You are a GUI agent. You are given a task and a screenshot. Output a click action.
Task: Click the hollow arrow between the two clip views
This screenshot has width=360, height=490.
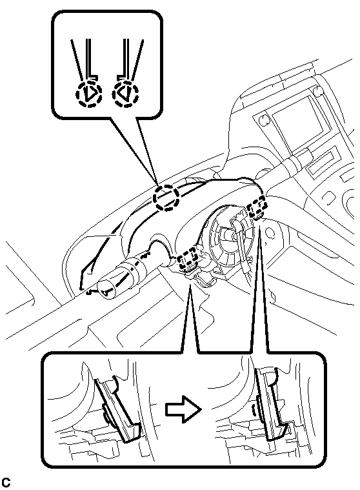tap(183, 409)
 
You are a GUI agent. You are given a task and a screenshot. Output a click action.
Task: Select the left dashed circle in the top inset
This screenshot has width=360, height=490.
tap(89, 94)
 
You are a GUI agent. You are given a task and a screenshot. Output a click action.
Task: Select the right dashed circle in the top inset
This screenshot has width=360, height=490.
tap(126, 94)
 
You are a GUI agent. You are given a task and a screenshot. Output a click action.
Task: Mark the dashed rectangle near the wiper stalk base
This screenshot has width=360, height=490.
tap(257, 206)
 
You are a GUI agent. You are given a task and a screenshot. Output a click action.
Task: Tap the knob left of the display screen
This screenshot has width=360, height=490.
tap(264, 119)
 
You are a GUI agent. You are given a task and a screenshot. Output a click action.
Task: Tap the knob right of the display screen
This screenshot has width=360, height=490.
tap(318, 91)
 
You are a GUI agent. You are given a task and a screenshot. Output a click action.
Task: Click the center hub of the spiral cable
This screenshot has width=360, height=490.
tap(231, 234)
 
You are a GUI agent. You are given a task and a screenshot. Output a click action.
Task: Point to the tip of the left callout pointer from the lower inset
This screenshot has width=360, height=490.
tap(190, 282)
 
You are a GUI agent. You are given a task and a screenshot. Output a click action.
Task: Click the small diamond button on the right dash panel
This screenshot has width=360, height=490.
tap(328, 196)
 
